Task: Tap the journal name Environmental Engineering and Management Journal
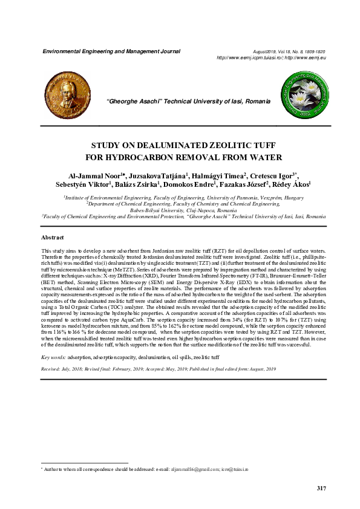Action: click(x=111, y=51)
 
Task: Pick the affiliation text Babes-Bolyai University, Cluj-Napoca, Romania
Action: click(x=179, y=209)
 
